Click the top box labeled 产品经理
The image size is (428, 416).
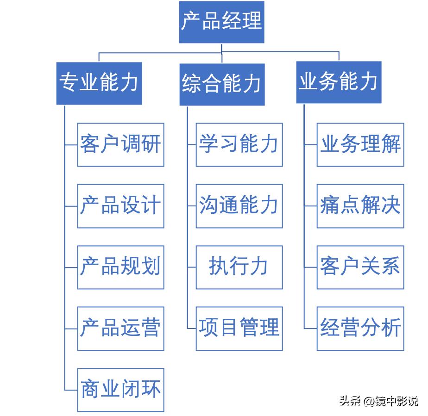[x=221, y=22]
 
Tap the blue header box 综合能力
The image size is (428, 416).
[x=222, y=84]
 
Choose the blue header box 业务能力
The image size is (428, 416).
[x=339, y=82]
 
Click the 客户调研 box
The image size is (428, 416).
[x=120, y=144]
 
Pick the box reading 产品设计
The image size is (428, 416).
[x=120, y=206]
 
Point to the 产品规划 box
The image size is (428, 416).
[x=120, y=267]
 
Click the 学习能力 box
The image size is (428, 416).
[x=239, y=144]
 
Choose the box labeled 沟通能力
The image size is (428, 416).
[x=239, y=206]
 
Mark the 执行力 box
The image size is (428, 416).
[x=239, y=267]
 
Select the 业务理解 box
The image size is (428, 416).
[x=360, y=144]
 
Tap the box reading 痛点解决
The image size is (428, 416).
[x=360, y=206]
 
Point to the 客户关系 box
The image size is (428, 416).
[x=360, y=267]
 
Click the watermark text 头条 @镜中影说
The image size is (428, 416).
[x=378, y=401]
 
